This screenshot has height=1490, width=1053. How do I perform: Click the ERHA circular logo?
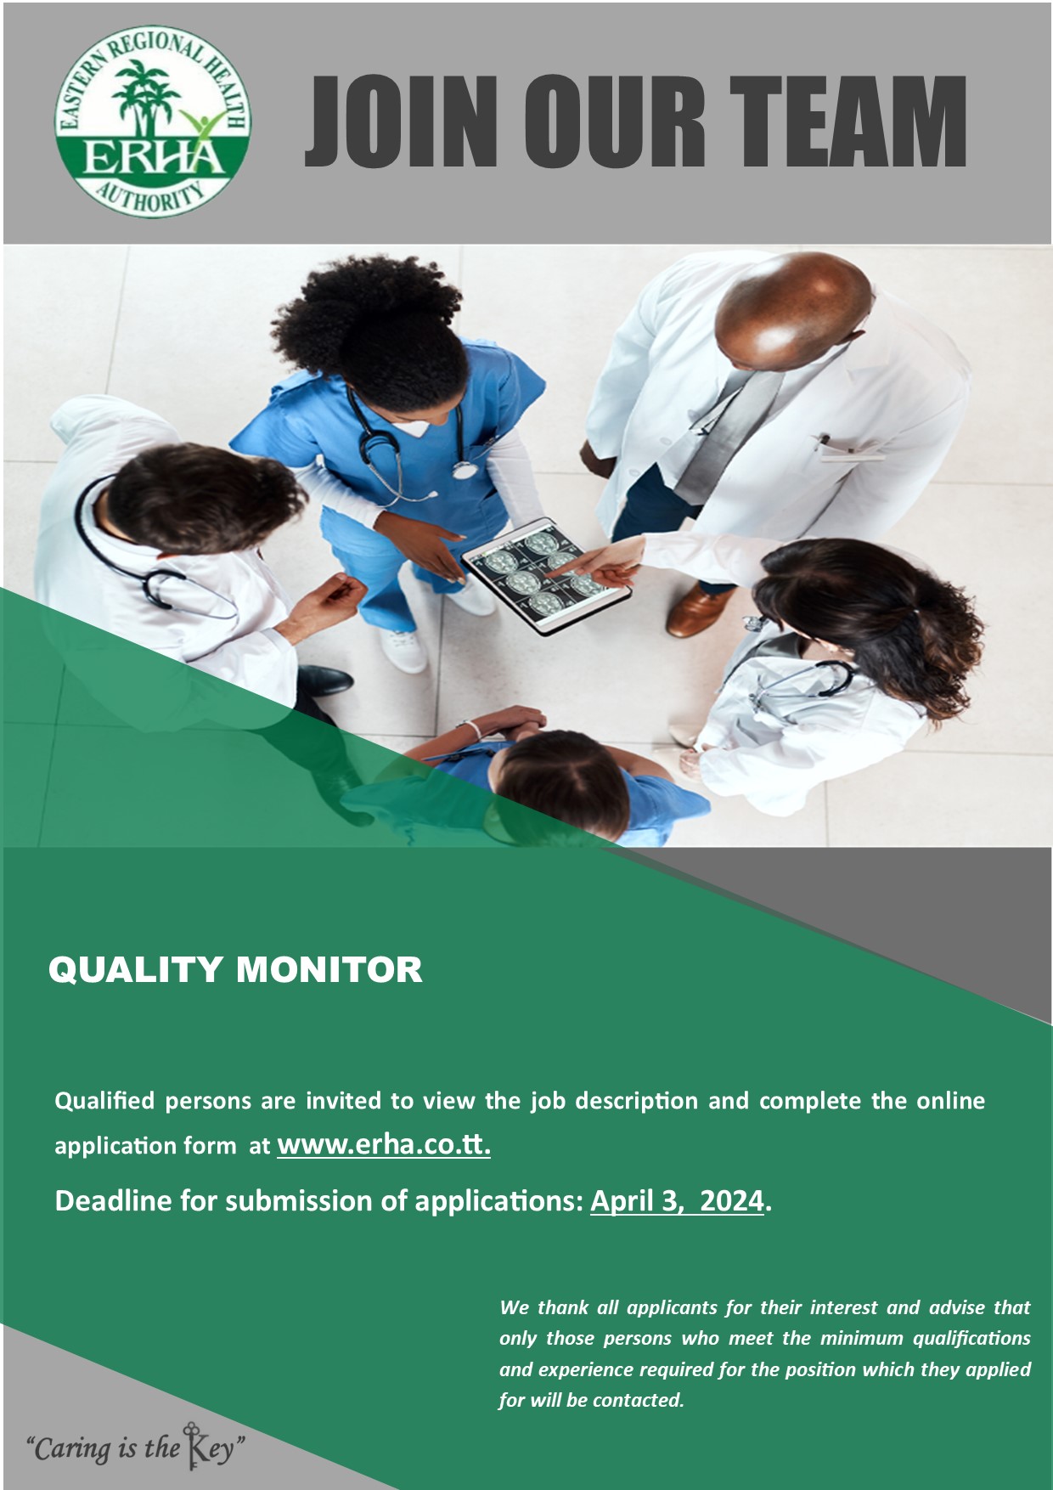pos(153,121)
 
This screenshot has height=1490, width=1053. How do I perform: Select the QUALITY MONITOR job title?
pos(235,969)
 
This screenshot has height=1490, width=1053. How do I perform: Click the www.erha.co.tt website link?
pos(384,1144)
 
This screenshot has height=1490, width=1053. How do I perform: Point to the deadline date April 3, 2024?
pos(677,1200)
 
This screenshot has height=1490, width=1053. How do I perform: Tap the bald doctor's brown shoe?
pos(697,609)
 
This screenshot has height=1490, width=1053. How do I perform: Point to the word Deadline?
pos(112,1200)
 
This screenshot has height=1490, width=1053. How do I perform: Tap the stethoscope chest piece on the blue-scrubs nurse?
pos(464,468)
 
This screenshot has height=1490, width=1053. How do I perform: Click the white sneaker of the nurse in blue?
pos(404,650)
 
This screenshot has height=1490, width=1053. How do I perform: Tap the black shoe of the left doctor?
pos(326,679)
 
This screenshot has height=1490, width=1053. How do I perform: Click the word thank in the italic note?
pos(563,1307)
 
